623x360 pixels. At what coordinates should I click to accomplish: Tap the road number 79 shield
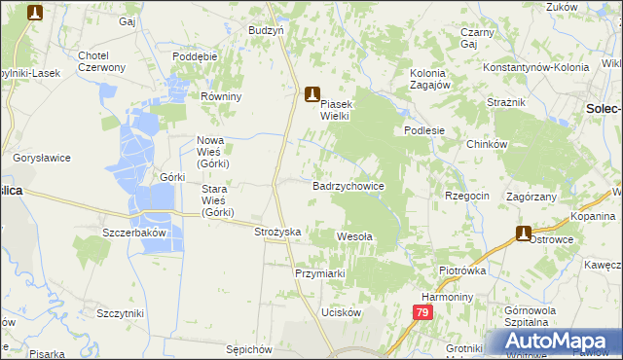point(421,312)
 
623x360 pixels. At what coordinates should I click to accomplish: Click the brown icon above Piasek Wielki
point(312,94)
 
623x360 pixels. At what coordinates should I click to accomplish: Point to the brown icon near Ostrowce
point(523,234)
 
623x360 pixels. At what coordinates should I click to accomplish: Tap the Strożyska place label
point(277,233)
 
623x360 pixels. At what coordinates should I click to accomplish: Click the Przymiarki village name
point(320,273)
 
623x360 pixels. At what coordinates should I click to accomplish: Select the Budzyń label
point(266,30)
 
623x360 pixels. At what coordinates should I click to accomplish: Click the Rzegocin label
point(466,196)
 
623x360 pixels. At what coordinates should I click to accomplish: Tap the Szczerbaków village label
point(135,234)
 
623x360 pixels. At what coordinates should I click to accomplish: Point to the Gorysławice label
point(39,157)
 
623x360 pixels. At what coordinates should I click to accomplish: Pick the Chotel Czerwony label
point(101,60)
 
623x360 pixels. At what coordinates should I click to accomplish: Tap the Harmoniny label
point(447,296)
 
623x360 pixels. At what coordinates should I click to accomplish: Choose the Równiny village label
point(220,96)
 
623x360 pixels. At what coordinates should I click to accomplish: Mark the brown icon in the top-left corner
point(36,13)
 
